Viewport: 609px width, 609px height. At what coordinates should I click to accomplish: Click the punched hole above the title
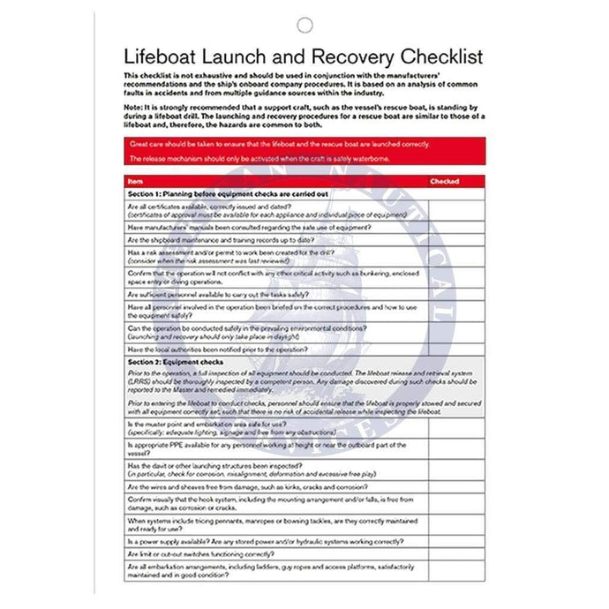[x=305, y=25]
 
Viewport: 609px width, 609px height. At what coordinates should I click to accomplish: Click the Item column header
[x=133, y=181]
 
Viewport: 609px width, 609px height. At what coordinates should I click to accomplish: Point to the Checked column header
[x=444, y=181]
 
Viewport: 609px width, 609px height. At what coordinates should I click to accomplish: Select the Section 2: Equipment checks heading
[x=176, y=362]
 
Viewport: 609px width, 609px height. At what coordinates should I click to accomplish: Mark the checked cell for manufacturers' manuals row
[x=456, y=227]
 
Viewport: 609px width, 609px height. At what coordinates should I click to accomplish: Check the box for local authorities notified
[x=456, y=350]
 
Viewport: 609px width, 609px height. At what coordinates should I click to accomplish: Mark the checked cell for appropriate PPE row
[x=456, y=447]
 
